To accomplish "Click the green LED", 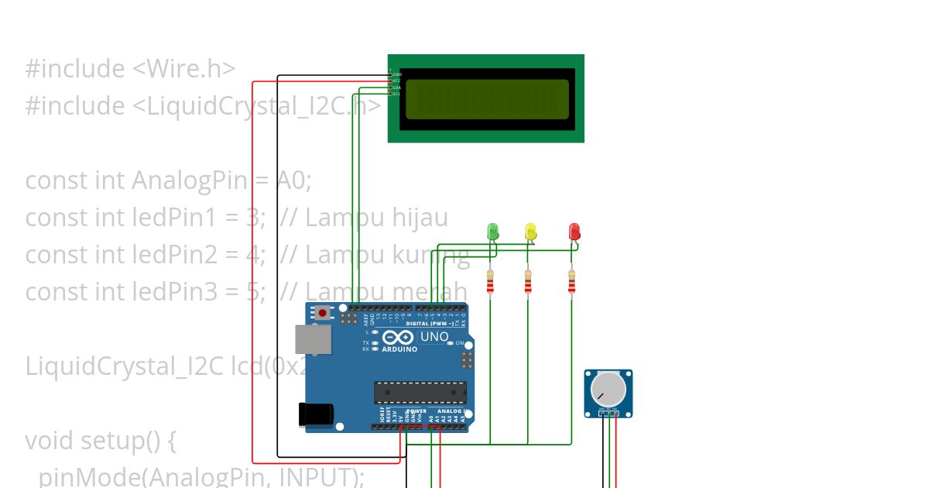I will coord(492,231).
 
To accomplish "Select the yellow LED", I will coord(530,231).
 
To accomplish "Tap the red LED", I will coord(574,231).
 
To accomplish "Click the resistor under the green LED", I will coord(489,283).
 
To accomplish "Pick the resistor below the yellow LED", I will coord(528,283).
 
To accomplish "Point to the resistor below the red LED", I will coord(571,283).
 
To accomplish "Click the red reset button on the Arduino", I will coord(322,314).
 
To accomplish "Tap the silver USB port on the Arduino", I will coord(313,339).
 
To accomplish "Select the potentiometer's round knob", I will coord(608,387).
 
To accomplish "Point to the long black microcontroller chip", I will coord(420,392).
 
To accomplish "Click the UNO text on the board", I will coord(434,337).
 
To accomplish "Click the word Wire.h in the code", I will coord(191,69).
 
